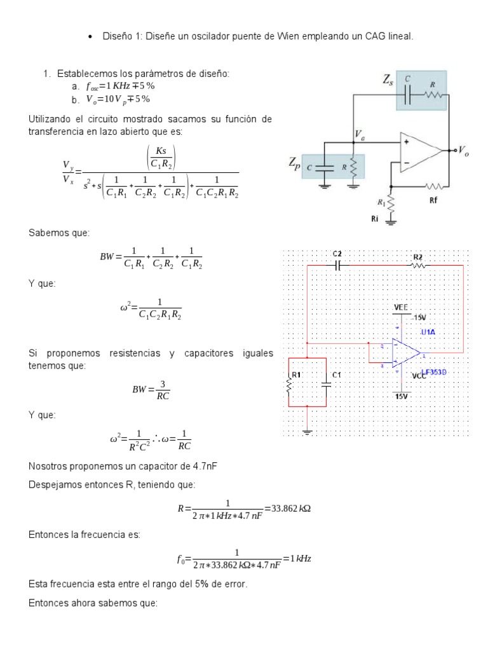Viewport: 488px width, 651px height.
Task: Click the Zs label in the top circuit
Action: pos(386,80)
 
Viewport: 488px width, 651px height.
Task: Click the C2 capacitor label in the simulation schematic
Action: pos(337,254)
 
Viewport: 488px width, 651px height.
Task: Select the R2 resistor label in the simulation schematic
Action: pos(417,256)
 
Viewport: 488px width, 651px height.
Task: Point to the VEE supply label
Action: pos(401,307)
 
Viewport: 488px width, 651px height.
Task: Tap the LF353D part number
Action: pos(434,373)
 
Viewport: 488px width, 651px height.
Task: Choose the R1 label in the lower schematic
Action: pos(298,375)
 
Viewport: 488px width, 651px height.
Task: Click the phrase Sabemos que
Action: pos(52,233)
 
